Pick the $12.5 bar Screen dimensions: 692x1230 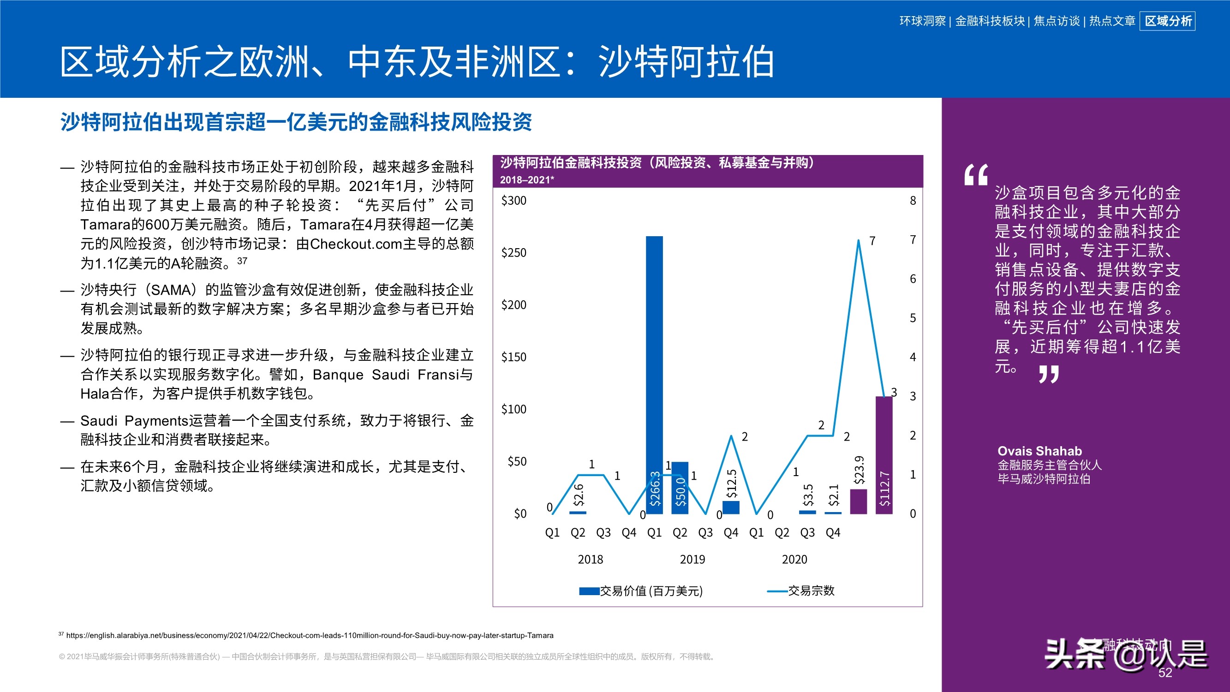731,507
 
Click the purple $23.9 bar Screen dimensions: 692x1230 859,501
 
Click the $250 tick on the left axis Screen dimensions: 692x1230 514,253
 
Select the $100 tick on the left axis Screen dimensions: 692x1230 514,409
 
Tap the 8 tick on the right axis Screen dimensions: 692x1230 913,201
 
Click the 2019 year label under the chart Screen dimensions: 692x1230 693,559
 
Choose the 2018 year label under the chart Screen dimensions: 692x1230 590,559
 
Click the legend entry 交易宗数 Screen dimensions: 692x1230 811,591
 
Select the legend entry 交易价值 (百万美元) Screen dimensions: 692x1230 651,591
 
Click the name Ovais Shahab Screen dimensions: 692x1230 1039,451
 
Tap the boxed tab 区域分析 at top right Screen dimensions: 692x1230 1167,21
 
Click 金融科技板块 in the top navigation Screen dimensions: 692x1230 989,21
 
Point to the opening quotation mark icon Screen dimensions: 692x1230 975,175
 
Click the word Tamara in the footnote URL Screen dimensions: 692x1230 541,636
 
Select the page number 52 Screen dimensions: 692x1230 1165,673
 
